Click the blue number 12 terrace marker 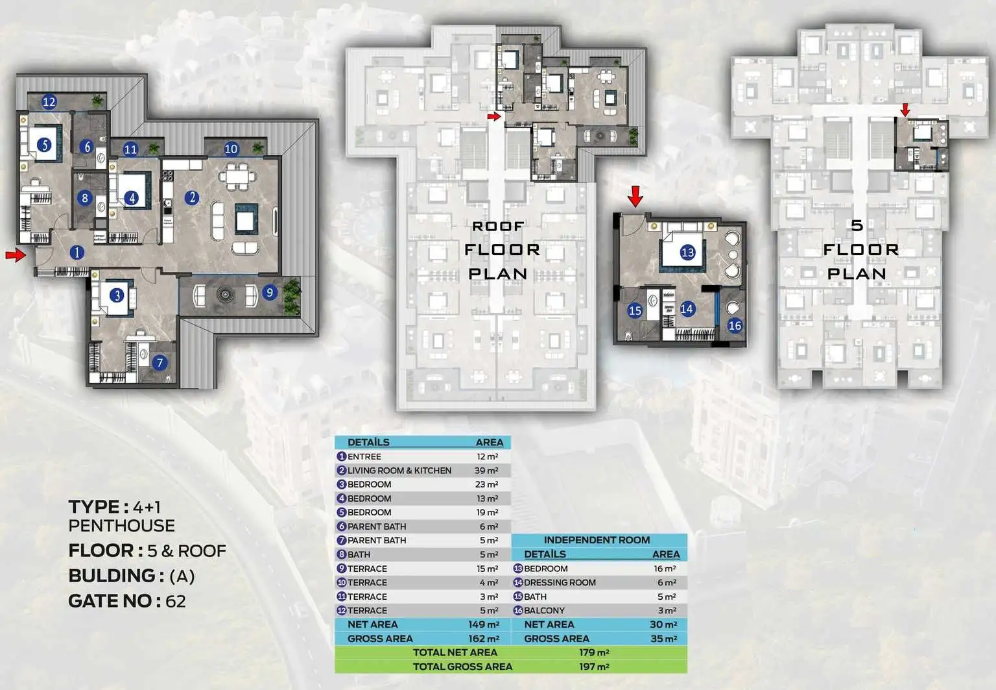(49, 103)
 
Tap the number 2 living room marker (192, 197)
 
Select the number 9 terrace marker (270, 293)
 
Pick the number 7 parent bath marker (160, 363)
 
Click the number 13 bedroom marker (687, 253)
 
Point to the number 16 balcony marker (735, 326)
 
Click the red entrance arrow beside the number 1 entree (16, 254)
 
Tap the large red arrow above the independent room (635, 196)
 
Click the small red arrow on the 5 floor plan (905, 110)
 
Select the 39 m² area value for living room (486, 471)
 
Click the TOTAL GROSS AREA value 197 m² (594, 667)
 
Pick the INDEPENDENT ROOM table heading (597, 540)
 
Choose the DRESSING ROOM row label (560, 582)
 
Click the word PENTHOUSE (121, 526)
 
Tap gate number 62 (176, 602)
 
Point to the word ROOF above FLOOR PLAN (498, 226)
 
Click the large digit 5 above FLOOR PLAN (857, 225)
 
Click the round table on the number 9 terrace (226, 294)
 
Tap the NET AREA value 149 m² (484, 624)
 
